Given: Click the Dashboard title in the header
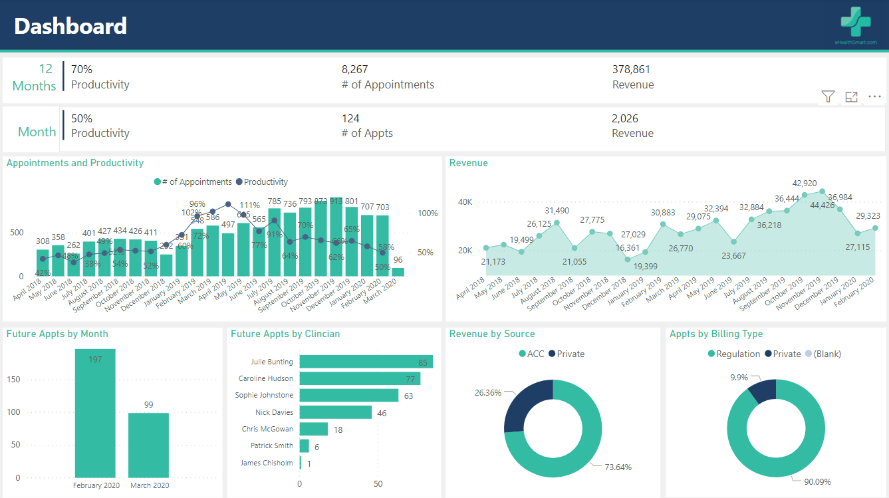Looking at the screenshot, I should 70,26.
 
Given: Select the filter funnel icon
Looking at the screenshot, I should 827,97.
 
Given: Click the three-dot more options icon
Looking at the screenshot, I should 874,97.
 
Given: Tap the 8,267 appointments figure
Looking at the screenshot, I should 354,69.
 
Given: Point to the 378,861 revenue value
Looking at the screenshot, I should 631,69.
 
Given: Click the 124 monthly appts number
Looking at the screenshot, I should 350,118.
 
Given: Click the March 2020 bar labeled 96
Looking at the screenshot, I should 398,272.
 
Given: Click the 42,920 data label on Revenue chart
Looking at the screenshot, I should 805,184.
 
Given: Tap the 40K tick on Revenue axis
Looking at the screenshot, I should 464,201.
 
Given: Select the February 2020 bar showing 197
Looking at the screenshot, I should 95,412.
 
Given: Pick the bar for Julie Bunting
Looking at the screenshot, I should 366,362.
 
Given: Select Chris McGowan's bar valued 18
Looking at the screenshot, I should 313,429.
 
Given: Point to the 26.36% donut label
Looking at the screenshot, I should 487,393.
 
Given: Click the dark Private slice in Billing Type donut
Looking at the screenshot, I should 763,390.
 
